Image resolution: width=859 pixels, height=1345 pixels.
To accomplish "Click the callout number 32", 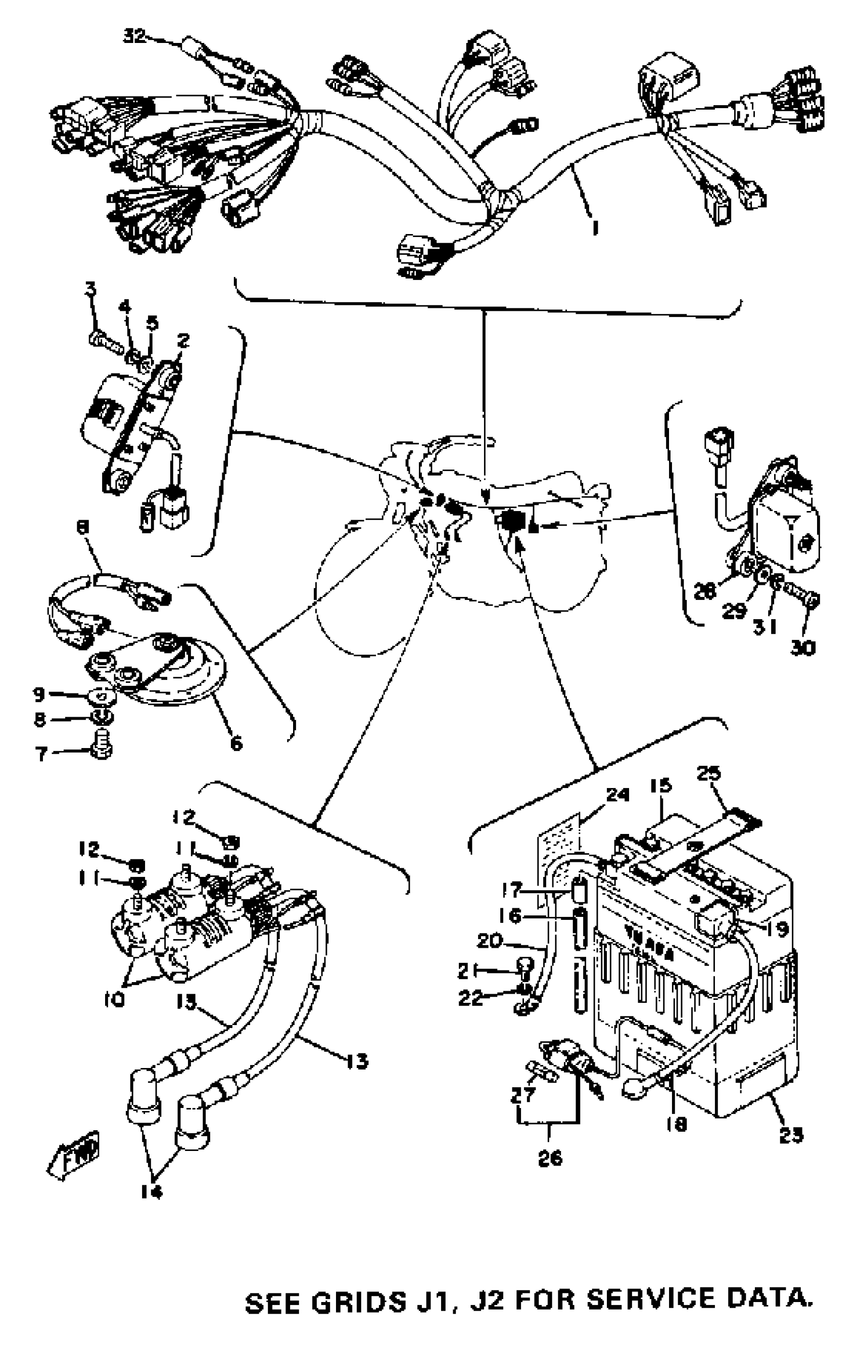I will pos(134,37).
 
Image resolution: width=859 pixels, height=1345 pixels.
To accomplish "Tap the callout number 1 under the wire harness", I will pos(595,227).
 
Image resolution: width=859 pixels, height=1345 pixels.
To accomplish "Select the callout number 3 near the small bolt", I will pos(90,289).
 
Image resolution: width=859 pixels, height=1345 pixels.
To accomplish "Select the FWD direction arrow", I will pos(74,1153).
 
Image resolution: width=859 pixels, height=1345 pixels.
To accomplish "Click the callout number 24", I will pos(617,795).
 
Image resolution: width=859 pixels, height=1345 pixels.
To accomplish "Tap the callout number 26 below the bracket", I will pos(550,1158).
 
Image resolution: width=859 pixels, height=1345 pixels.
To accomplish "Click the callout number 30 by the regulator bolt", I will pos(802,648).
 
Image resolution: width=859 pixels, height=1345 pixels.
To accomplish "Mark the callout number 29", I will pos(733,611).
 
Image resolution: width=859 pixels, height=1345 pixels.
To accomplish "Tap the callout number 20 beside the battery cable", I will pos(490,941).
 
